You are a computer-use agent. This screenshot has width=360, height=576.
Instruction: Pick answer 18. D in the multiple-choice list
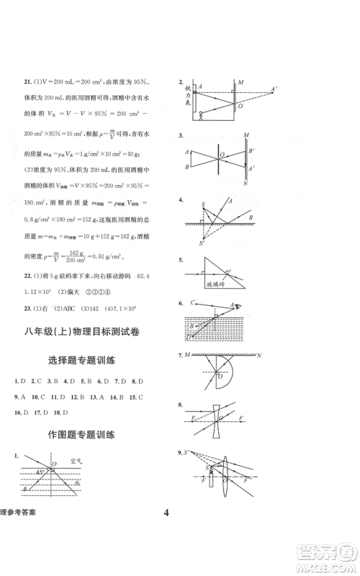click(x=62, y=413)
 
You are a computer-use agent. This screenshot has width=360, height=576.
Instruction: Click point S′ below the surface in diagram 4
click(x=202, y=243)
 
